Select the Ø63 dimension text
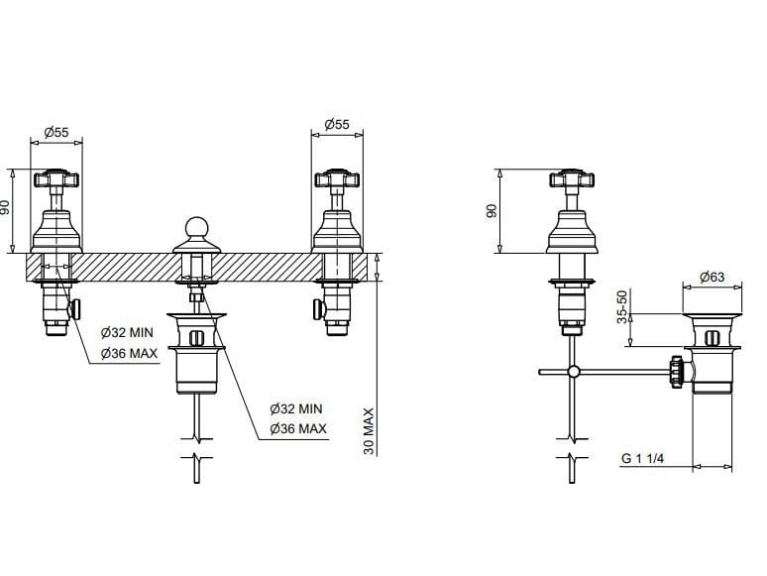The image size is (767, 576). [712, 278]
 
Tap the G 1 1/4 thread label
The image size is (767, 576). [642, 458]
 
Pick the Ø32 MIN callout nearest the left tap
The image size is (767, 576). [127, 333]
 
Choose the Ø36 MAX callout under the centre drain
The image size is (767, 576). [298, 428]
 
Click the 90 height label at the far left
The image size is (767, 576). [8, 208]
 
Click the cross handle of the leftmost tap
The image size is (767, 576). [56, 180]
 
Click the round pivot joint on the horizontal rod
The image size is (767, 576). [572, 372]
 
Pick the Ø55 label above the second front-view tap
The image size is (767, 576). [337, 126]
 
